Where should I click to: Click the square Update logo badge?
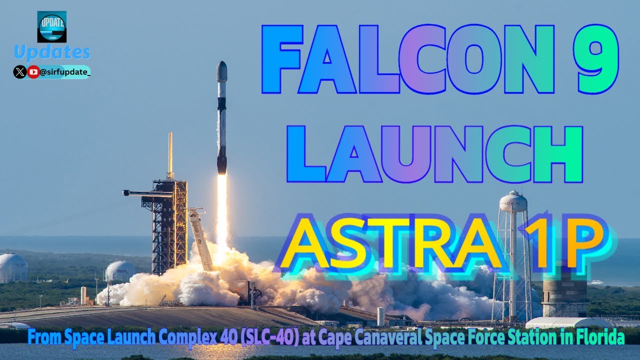pos(51,26)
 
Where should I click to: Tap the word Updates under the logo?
pos(52,52)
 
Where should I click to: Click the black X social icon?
pos(20,72)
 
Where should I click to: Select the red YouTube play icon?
pos(33,72)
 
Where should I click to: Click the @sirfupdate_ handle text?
pos(65,72)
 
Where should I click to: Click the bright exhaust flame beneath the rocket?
pos(221,210)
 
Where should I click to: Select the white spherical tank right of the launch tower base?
pos(120,271)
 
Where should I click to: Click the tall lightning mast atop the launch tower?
pos(170,155)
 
